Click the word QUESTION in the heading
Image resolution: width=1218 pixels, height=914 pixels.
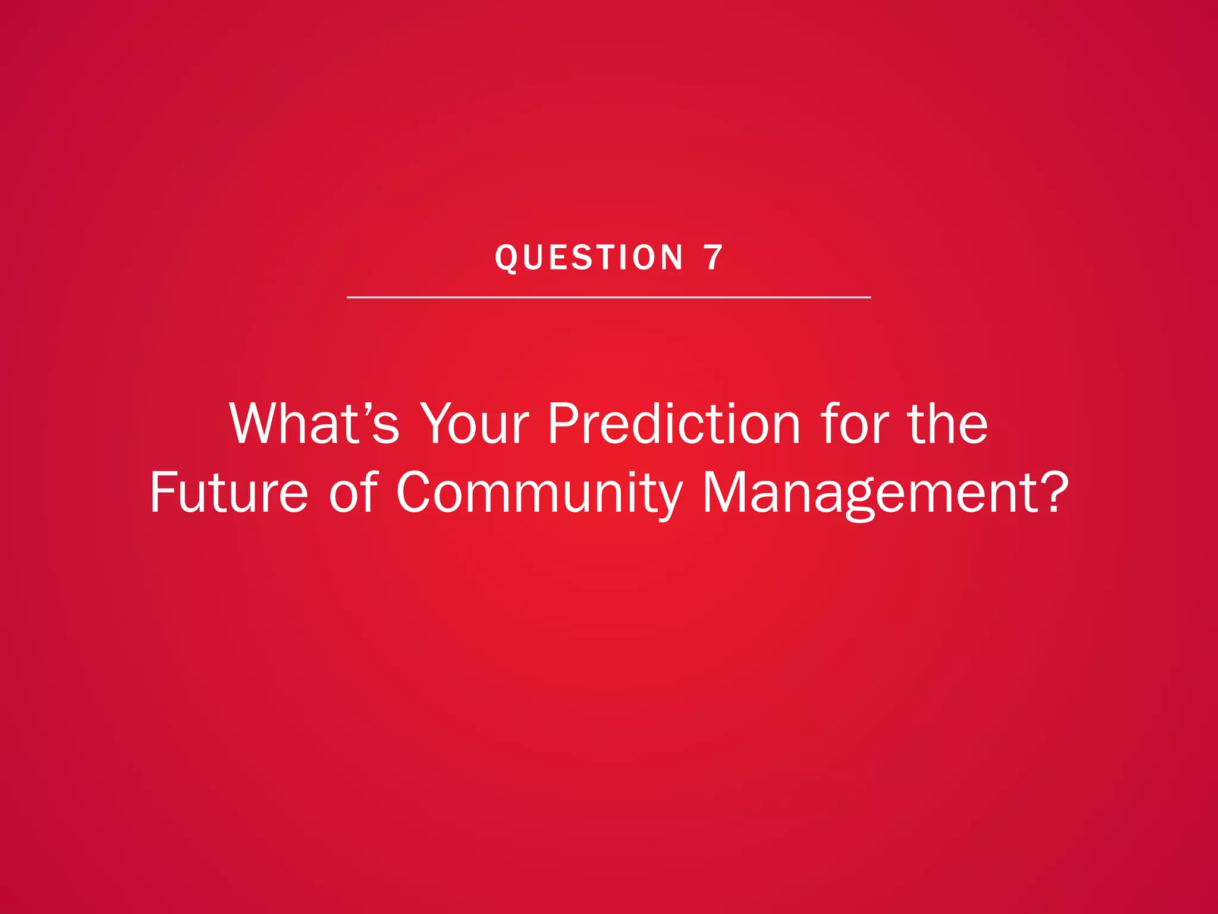[x=589, y=258]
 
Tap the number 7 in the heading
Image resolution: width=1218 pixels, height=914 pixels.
[x=713, y=258]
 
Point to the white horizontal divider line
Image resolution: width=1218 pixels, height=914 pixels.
[x=608, y=297]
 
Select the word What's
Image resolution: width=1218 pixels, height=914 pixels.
[x=314, y=424]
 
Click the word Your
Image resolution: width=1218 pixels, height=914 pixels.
[x=474, y=424]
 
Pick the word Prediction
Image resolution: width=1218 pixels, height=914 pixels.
[x=674, y=424]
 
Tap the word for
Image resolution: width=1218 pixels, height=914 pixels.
[x=854, y=424]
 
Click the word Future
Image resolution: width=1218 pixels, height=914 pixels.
[x=229, y=492]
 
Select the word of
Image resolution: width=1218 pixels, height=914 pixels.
[x=353, y=492]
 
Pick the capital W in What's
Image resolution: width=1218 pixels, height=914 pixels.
[x=255, y=424]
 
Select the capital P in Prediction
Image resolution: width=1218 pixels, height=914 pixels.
[x=563, y=424]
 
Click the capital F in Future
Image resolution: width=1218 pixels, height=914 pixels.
[x=161, y=492]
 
